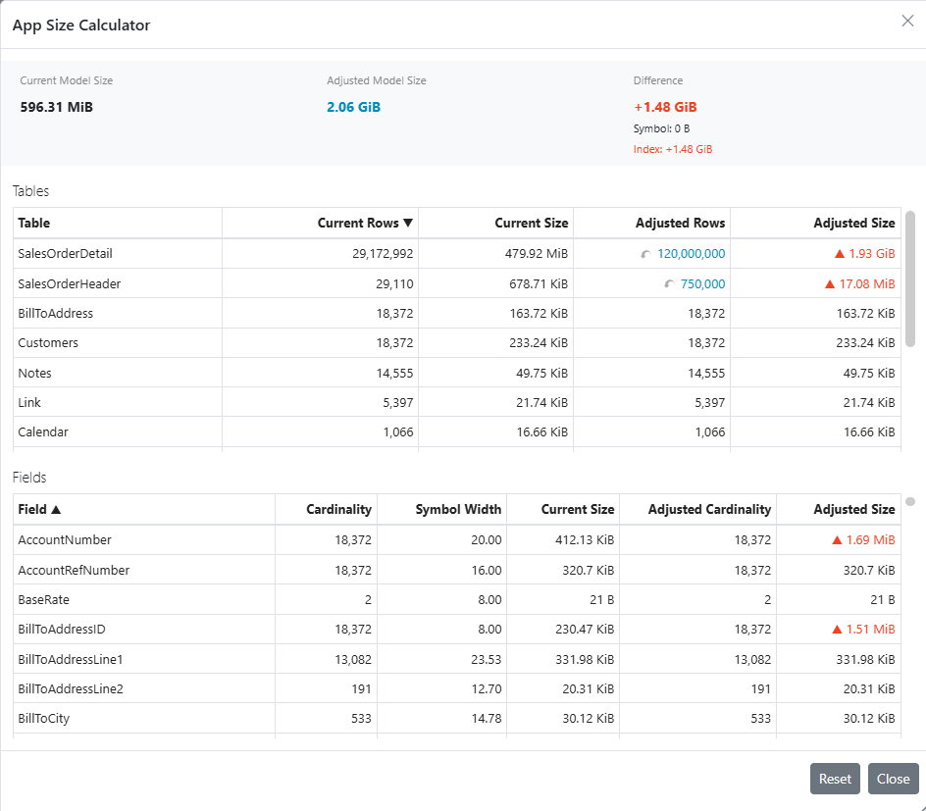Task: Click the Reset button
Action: [835, 779]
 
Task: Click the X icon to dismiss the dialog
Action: [907, 22]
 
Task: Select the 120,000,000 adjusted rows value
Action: [691, 254]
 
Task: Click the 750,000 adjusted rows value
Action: [702, 284]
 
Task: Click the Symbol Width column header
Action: [458, 509]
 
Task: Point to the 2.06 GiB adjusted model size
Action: [354, 107]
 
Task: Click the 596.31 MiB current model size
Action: [57, 107]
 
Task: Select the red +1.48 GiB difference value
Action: [665, 107]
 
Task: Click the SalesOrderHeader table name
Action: [69, 284]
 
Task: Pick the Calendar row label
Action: [43, 432]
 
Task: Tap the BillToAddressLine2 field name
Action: [71, 688]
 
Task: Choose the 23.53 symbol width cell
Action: [486, 659]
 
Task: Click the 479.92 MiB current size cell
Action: [537, 254]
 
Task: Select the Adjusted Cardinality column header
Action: [709, 509]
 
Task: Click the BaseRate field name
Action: [44, 600]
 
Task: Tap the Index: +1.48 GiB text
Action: [673, 149]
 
